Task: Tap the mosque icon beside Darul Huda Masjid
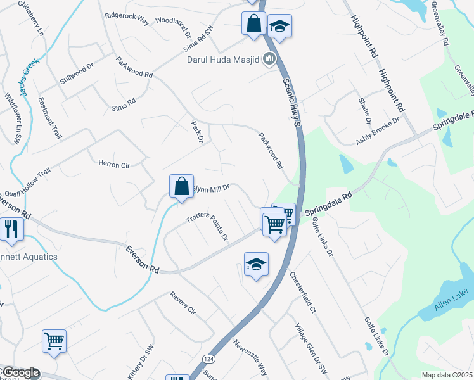(x=269, y=60)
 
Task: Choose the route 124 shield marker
(x=208, y=359)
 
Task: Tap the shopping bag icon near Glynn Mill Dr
(x=181, y=187)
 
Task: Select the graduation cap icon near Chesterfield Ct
(x=256, y=265)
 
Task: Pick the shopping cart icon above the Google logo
(x=54, y=341)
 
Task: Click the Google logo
(x=20, y=373)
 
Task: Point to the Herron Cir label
(x=113, y=165)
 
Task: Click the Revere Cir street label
(x=183, y=304)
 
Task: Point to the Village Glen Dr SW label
(x=310, y=349)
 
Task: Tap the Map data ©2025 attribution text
(x=447, y=375)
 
